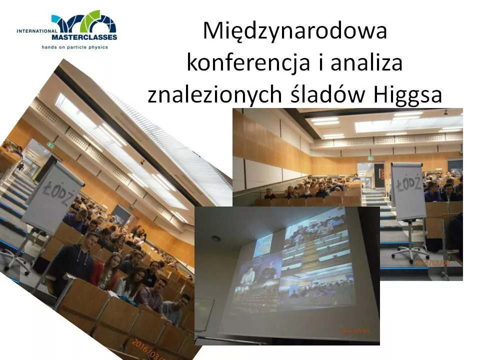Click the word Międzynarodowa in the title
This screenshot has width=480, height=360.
point(295,32)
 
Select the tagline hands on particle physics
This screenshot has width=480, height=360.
point(75,47)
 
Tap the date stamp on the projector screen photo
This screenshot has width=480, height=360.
point(355,330)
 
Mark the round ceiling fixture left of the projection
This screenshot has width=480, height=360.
point(215,238)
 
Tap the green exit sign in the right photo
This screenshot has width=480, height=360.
point(370,157)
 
